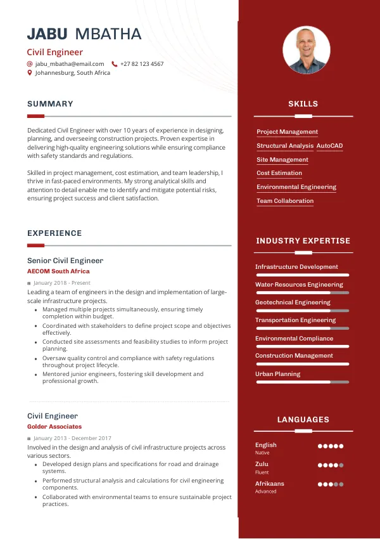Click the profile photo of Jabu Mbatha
pos(307,50)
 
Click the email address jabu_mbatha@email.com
pos(70,64)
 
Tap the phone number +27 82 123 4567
pos(142,64)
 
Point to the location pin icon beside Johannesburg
pos(30,73)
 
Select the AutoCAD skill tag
pos(329,146)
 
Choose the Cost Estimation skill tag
pos(279,173)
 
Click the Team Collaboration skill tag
pos(285,201)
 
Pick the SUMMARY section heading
pos(50,104)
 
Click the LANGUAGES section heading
pos(303,420)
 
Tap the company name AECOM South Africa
pos(58,271)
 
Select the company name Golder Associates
pos(54,427)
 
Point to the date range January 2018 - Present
pos(62,283)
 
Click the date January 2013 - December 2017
pos(72,438)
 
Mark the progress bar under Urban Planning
pos(302,382)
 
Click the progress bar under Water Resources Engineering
pos(302,293)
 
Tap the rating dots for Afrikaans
pos(331,484)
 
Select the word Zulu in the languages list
pos(262,464)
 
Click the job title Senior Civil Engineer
pos(65,261)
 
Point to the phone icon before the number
pos(115,64)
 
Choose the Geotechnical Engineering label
pos(293,302)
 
